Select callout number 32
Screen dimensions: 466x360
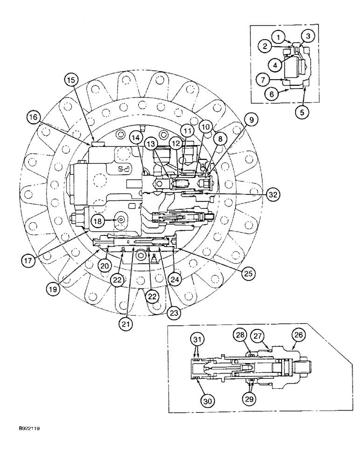pos(274,195)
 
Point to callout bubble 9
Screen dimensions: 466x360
pos(251,120)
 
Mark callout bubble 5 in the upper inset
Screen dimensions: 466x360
pos(304,112)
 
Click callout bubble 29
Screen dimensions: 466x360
pos(252,398)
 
